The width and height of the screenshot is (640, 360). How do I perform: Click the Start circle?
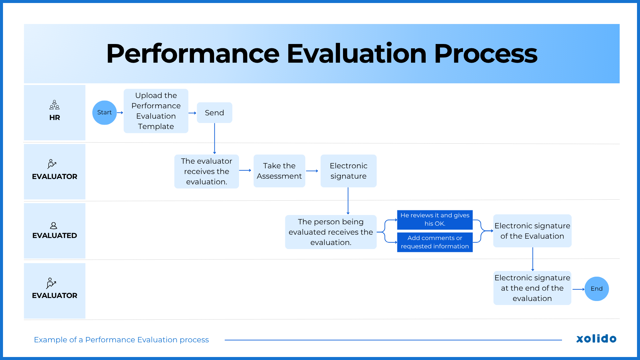(104, 113)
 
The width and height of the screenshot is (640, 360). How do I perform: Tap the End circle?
(596, 289)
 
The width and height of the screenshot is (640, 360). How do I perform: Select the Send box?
(214, 113)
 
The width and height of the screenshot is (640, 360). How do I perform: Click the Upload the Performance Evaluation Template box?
(156, 111)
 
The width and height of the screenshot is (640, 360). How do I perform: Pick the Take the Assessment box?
(279, 171)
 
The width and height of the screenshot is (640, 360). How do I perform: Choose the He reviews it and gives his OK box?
(435, 220)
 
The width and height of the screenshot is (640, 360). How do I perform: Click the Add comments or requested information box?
(435, 242)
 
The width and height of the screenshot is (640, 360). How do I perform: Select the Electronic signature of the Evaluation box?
(532, 231)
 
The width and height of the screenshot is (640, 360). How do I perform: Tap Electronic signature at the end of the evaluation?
(532, 288)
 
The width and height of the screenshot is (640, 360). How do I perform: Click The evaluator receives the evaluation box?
(206, 171)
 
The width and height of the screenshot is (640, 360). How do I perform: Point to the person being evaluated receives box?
(331, 232)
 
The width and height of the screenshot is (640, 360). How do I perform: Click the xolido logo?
(596, 339)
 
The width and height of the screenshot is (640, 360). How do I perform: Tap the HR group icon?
(54, 105)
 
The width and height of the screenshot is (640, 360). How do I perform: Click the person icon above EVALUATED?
(53, 226)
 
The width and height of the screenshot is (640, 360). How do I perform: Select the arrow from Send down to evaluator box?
(214, 138)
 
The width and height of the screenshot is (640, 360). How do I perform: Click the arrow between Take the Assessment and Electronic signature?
(312, 171)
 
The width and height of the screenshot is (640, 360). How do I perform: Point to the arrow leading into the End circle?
(578, 289)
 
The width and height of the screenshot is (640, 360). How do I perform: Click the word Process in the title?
(485, 54)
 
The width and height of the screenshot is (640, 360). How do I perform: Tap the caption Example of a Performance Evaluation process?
(121, 340)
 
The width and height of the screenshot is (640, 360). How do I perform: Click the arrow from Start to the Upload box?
(120, 113)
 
